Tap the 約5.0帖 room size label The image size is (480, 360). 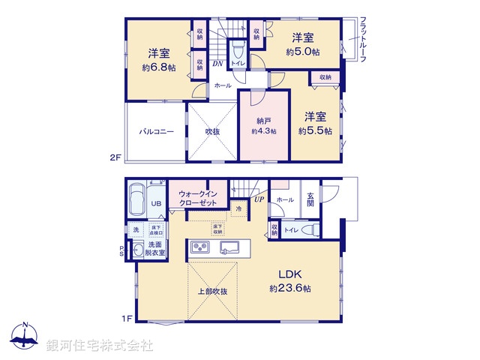(x=302, y=52)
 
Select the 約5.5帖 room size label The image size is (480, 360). (x=314, y=130)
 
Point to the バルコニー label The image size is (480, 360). (x=156, y=131)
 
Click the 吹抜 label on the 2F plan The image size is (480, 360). (x=213, y=131)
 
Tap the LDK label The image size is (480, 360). (x=292, y=273)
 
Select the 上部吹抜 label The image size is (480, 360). (x=213, y=291)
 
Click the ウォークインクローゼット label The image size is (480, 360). (x=198, y=197)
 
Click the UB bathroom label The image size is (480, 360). (x=157, y=203)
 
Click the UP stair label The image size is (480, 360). (x=259, y=199)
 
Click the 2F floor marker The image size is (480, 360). (x=115, y=157)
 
